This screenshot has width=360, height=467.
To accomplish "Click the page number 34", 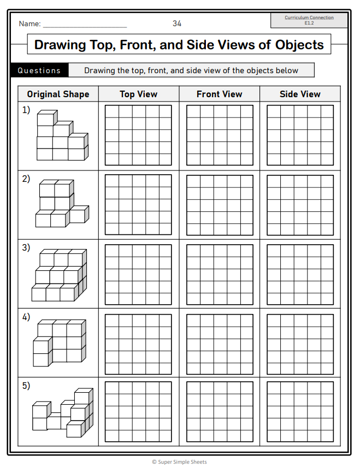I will [x=177, y=23].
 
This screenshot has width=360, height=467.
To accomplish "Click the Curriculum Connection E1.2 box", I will [x=309, y=20].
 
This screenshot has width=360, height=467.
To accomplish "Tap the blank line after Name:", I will [x=85, y=25].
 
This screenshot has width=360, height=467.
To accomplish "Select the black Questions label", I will [x=39, y=70].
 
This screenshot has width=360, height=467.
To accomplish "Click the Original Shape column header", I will [x=58, y=94].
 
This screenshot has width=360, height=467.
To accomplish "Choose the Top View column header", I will [x=139, y=94].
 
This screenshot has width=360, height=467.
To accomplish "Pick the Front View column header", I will [x=219, y=94].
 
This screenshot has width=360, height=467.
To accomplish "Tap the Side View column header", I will [x=300, y=94].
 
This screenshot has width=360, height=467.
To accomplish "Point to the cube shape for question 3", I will [x=59, y=275].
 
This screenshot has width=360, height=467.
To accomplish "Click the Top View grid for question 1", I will [x=139, y=135].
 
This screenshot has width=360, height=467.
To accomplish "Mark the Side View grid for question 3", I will [x=300, y=274].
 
